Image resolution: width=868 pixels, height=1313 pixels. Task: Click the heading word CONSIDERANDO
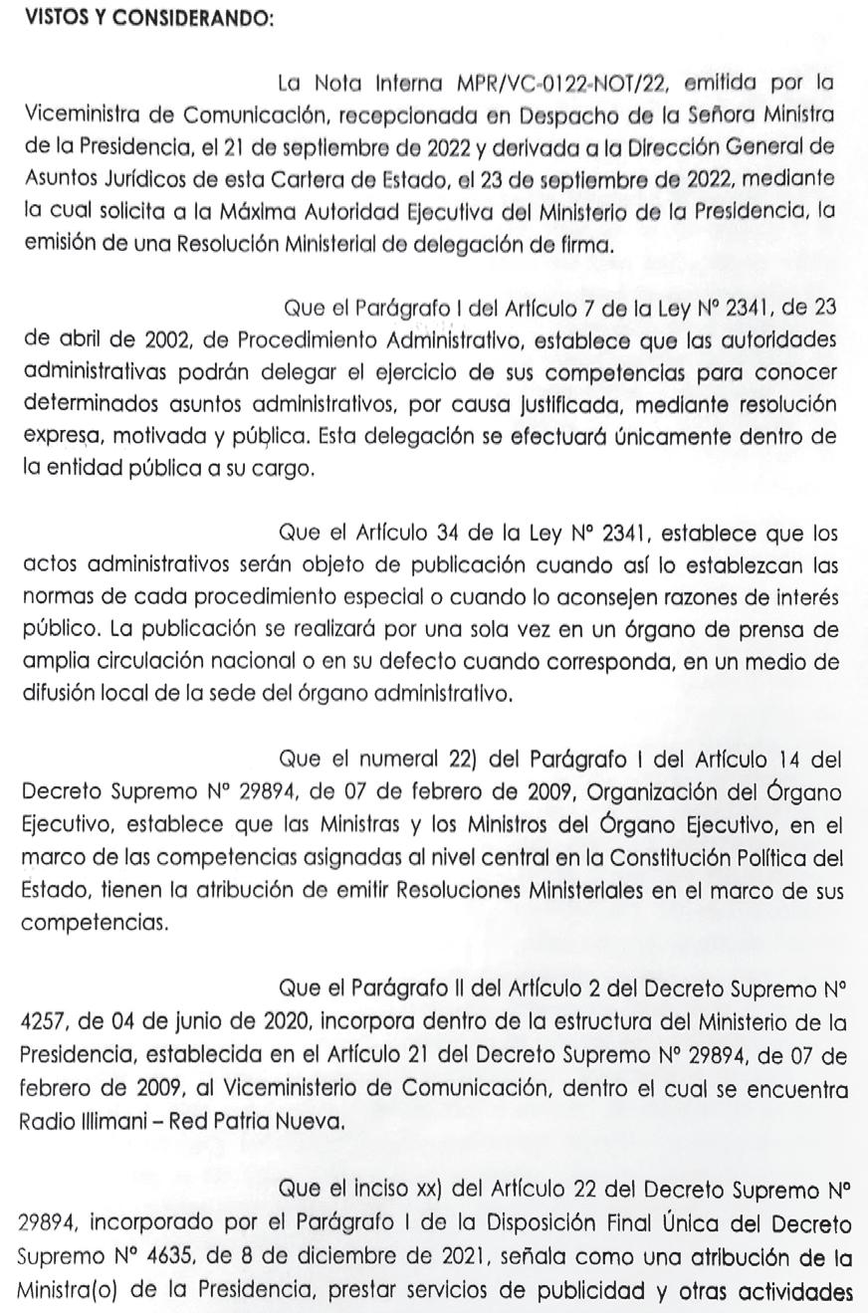tap(205, 19)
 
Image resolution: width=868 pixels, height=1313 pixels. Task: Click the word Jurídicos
tap(143, 179)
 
